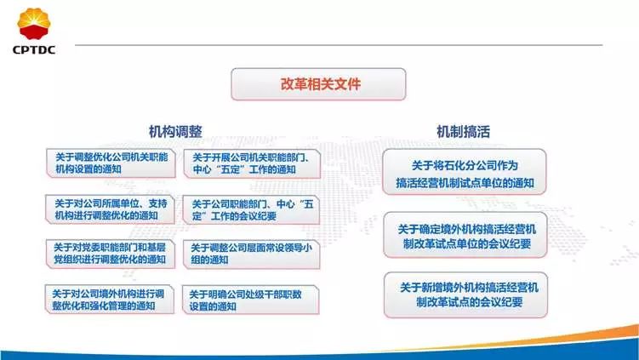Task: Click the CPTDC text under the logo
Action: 34,49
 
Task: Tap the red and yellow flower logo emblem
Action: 34,24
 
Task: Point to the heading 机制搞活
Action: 464,132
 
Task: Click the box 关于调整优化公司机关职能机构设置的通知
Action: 111,163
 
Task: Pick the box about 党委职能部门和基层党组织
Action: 111,253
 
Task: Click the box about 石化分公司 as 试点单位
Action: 464,173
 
